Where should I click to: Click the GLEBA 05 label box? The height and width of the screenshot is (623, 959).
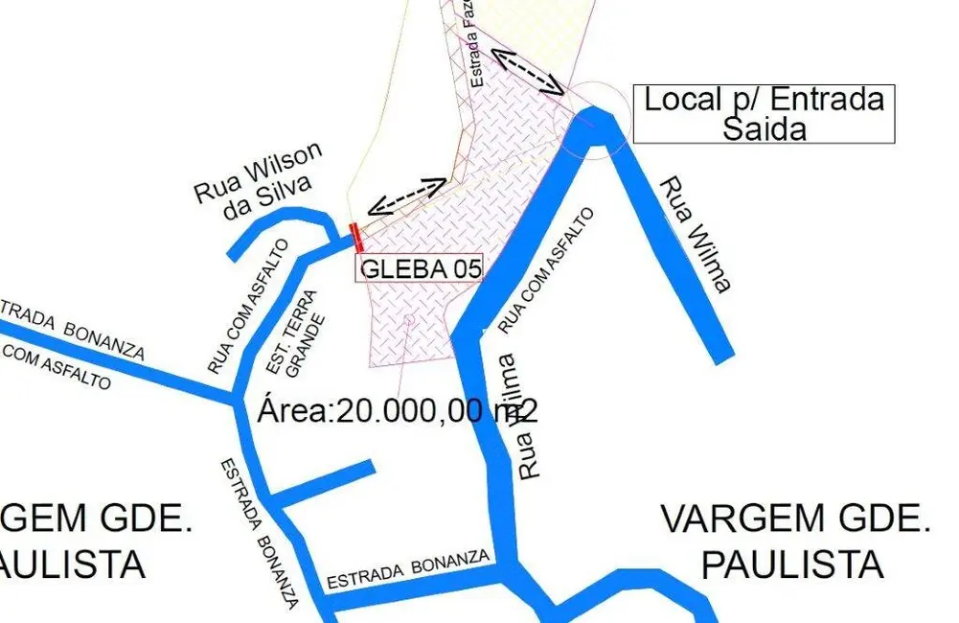click(x=420, y=268)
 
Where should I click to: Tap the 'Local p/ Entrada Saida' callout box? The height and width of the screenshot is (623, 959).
click(x=764, y=114)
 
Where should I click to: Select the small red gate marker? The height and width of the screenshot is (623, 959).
click(x=356, y=236)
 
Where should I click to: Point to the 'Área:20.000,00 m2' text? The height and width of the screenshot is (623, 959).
click(x=398, y=410)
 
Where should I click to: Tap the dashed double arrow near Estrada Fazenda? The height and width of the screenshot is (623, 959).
click(x=526, y=68)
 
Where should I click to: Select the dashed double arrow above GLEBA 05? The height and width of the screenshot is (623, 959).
click(x=407, y=196)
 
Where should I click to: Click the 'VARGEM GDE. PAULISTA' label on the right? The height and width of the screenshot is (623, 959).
click(x=795, y=542)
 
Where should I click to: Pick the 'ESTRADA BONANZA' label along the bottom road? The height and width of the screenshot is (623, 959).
click(x=409, y=569)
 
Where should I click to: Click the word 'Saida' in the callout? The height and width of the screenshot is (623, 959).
click(x=764, y=128)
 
